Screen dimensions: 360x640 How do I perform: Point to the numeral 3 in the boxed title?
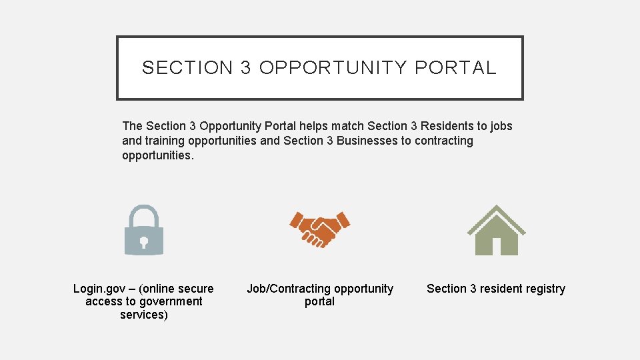click(x=246, y=68)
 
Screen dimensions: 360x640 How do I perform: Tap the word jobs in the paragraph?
click(x=501, y=126)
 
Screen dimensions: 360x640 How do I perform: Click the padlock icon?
click(x=144, y=230)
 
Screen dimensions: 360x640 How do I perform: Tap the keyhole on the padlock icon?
click(x=144, y=241)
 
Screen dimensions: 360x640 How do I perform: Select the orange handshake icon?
click(x=320, y=229)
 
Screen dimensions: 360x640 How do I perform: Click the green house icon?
click(x=496, y=230)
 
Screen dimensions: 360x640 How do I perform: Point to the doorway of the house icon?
click(x=496, y=246)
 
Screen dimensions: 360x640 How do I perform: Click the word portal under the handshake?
click(x=320, y=301)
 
